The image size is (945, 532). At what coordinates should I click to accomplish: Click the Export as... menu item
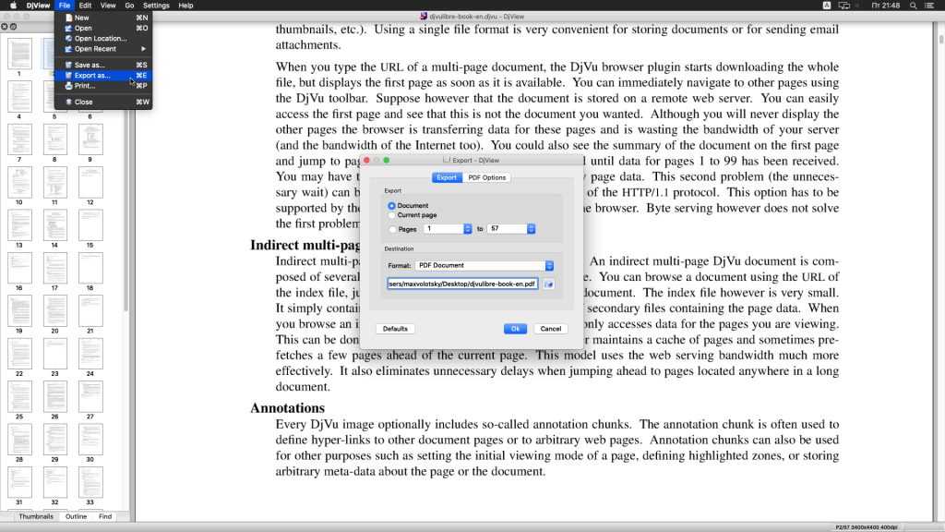[x=92, y=76]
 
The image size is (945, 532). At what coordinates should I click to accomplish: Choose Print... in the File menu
[x=85, y=86]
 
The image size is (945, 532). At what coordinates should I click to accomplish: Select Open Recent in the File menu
[x=95, y=49]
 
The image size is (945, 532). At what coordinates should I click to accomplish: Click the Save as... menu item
[x=90, y=65]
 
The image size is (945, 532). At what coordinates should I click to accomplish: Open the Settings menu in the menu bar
[x=156, y=6]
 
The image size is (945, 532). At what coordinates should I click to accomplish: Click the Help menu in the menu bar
[x=185, y=6]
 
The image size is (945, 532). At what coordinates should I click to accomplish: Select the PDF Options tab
[x=486, y=177]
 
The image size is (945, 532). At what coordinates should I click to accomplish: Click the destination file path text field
[x=462, y=284]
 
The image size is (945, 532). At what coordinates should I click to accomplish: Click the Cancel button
[x=550, y=329]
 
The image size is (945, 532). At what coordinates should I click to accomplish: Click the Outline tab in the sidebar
[x=76, y=516]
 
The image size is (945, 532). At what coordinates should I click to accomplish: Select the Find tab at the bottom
[x=105, y=516]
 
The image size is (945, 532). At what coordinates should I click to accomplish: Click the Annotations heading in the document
[x=287, y=408]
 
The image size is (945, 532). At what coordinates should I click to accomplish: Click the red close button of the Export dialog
[x=367, y=160]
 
